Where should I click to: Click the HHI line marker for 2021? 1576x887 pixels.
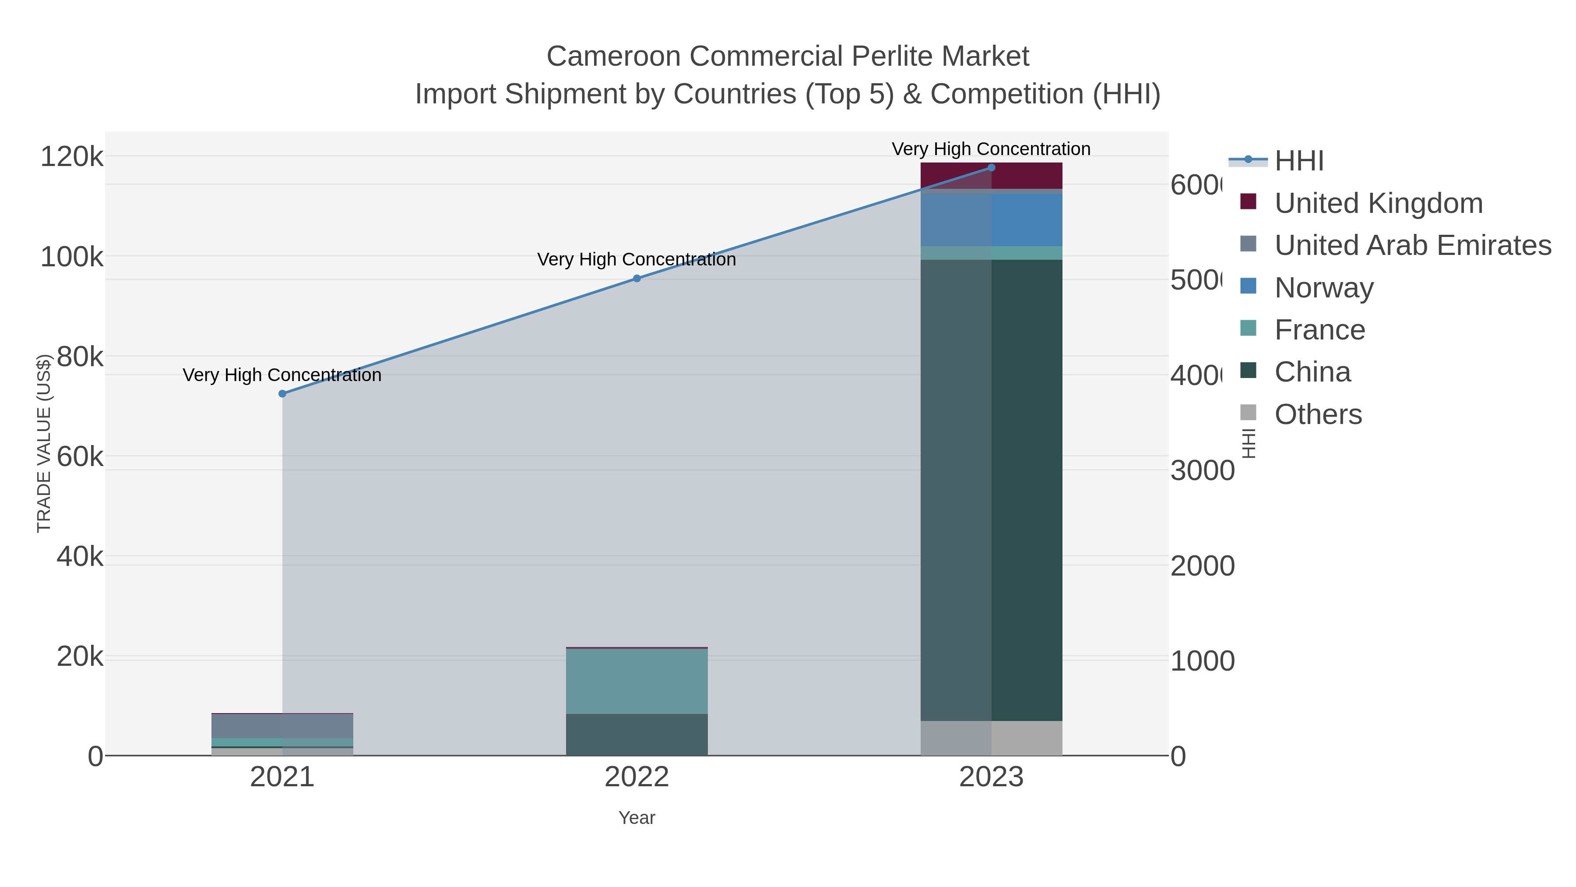click(282, 394)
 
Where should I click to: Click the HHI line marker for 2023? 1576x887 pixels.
click(991, 168)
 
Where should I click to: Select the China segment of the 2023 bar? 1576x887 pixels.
click(991, 490)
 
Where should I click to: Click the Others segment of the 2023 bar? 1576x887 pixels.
click(991, 738)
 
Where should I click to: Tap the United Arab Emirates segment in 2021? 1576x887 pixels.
click(282, 726)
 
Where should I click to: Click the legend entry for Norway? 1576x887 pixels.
click(1323, 288)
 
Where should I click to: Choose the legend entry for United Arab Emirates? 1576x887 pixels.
click(1412, 245)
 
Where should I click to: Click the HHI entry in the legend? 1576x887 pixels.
click(1298, 161)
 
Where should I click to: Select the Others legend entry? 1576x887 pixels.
click(1317, 414)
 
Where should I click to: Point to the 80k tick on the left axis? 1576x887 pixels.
click(80, 357)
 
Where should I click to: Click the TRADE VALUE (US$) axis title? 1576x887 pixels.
click(44, 443)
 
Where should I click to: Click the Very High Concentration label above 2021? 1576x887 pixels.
click(282, 375)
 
